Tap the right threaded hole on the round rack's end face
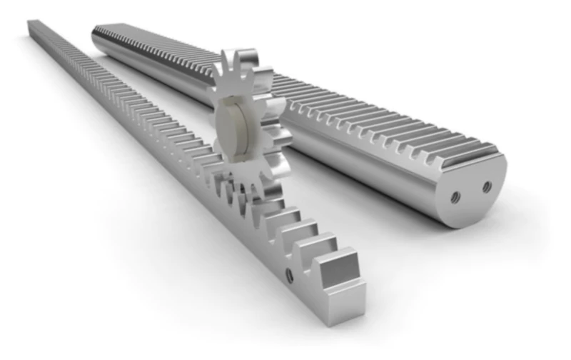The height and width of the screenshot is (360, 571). pyautogui.click(x=487, y=187)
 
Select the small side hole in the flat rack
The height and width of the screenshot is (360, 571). pyautogui.click(x=288, y=274)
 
